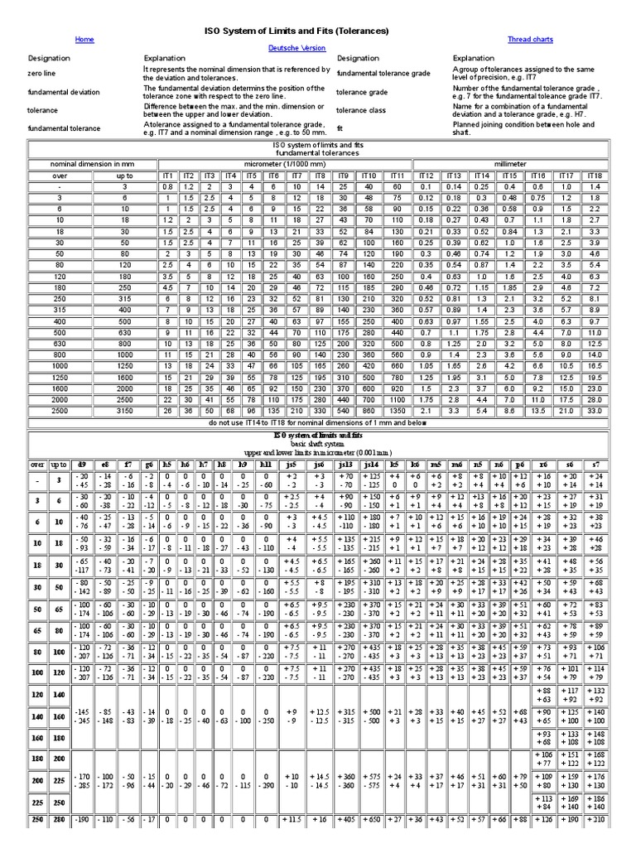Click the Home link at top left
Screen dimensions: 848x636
click(x=84, y=39)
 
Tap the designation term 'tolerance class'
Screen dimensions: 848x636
click(x=362, y=110)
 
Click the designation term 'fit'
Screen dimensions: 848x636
click(x=340, y=128)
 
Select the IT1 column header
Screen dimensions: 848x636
click(x=168, y=176)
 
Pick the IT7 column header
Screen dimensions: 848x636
click(x=296, y=176)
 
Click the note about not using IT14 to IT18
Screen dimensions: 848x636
click(x=318, y=422)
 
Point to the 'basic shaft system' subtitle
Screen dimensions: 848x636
click(x=318, y=443)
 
